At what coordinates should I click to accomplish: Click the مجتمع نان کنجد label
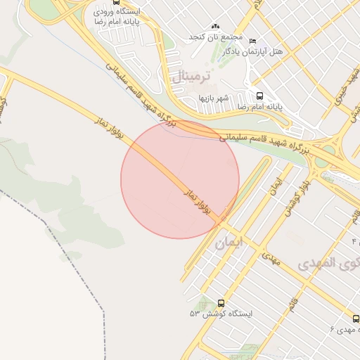coord(215,37)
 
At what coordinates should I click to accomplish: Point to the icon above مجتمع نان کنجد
coord(215,26)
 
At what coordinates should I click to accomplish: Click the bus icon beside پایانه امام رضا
coord(259,96)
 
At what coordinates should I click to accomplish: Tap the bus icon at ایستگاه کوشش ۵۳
coord(202,303)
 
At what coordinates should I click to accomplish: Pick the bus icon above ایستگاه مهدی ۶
coord(356,318)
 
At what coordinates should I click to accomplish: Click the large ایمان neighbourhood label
coord(230,244)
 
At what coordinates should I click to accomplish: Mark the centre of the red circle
coord(180,179)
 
